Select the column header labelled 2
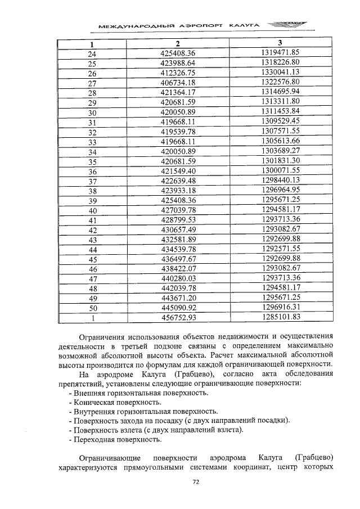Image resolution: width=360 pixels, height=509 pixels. [x=177, y=44]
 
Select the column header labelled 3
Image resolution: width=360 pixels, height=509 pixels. [x=280, y=43]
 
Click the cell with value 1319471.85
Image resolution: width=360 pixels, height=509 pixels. [x=280, y=53]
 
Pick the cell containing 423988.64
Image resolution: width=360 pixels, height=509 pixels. [x=177, y=64]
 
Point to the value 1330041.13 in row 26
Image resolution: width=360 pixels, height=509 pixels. [x=280, y=73]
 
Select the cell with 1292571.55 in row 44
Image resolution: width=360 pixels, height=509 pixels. [x=280, y=249]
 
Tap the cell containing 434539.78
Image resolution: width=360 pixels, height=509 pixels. [x=177, y=249]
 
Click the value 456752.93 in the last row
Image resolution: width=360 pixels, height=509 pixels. [x=177, y=318]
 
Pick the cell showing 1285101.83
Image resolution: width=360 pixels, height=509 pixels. [x=280, y=317]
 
